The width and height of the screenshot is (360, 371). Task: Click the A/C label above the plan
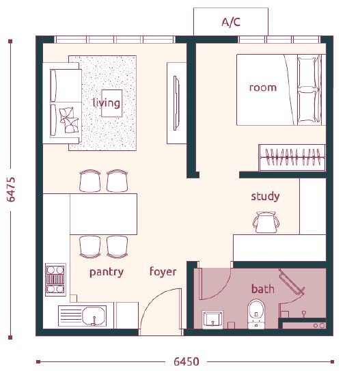[231, 23]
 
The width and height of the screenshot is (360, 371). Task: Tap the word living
[107, 103]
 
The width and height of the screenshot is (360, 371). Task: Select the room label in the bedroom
[263, 87]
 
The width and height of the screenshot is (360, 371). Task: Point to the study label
[265, 196]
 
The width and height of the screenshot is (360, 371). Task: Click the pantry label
[107, 272]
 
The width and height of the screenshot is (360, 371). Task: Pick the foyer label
[163, 272]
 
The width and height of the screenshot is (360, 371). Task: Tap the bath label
[263, 289]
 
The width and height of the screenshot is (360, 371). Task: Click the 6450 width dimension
[186, 361]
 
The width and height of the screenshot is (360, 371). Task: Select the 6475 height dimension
[11, 189]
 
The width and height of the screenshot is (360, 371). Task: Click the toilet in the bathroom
[256, 314]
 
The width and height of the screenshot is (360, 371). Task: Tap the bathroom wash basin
[212, 320]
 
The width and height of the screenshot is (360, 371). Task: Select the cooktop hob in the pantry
[55, 279]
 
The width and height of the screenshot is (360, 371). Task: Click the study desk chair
[266, 223]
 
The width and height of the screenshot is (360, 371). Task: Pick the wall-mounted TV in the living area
[176, 103]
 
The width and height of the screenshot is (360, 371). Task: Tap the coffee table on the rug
[112, 103]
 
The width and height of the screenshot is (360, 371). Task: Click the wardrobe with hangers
[292, 157]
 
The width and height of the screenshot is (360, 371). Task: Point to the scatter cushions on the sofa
[69, 120]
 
